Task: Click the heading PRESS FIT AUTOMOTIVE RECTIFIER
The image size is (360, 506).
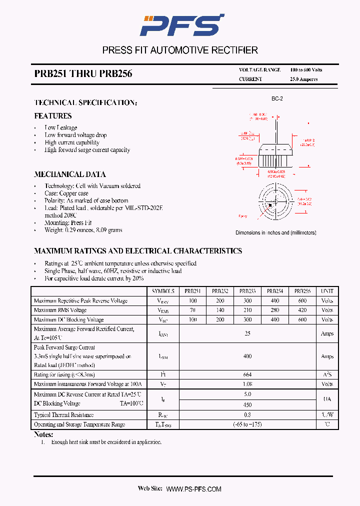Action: (180, 50)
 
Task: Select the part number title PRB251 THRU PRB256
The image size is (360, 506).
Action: (83, 74)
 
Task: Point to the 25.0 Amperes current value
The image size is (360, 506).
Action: (303, 79)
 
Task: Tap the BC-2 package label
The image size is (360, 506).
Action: (277, 99)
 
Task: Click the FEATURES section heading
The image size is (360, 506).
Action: (52, 116)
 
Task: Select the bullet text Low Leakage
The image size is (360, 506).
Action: (60, 127)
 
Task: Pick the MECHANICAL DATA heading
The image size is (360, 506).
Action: (69, 174)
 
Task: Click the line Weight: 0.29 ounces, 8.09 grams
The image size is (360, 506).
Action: (83, 230)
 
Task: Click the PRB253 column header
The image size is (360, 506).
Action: (247, 291)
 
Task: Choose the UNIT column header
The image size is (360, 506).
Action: (327, 291)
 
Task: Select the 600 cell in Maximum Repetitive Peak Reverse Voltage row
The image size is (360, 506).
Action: (302, 301)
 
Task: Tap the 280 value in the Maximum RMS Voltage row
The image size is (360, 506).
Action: (274, 310)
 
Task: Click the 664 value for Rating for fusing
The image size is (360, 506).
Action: (247, 374)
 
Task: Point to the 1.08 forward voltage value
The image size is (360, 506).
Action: (247, 384)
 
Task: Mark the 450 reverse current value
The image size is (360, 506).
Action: (247, 404)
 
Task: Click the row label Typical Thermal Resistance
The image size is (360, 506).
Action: (63, 415)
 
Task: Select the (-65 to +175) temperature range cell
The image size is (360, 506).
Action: (247, 424)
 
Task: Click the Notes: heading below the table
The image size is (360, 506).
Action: (43, 434)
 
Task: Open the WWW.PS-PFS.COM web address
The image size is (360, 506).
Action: (193, 489)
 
